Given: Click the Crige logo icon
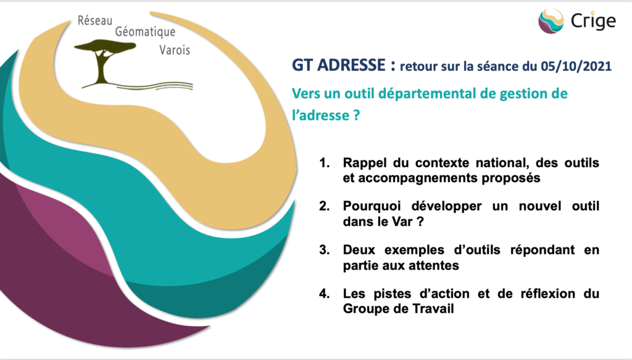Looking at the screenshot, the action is click(x=551, y=21).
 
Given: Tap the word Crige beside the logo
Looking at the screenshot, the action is click(x=593, y=21).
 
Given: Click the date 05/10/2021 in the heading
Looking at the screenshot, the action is click(x=576, y=65).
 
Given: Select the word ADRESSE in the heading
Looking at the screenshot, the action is click(x=351, y=65).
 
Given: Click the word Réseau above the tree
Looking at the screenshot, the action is click(x=94, y=20).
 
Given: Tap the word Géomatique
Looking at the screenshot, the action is click(x=145, y=32).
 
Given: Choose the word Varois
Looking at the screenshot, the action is click(x=175, y=50).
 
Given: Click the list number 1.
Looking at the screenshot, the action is click(x=325, y=163).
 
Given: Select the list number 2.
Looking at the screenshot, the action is click(x=325, y=206).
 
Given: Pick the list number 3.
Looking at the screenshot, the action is click(x=325, y=250).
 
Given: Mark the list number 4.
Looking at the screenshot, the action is click(x=325, y=293).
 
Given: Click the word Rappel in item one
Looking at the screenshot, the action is click(x=365, y=163).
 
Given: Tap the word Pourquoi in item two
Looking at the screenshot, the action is click(x=372, y=207).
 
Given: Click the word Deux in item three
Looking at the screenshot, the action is click(x=359, y=250).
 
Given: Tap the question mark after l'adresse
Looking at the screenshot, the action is click(x=356, y=115).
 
